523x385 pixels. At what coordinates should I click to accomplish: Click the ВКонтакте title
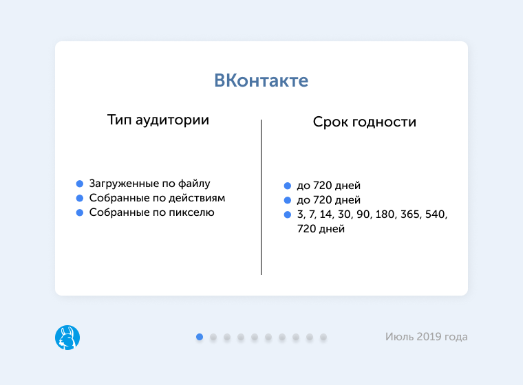point(261,80)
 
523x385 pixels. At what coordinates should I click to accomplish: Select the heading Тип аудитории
point(158,120)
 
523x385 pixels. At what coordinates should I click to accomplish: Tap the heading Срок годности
point(364,122)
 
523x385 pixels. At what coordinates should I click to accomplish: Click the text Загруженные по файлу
point(149,184)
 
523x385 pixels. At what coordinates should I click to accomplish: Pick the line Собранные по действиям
point(157,198)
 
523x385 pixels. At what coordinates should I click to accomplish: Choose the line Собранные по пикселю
point(151,212)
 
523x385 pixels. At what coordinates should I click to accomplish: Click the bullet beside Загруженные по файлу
point(80,184)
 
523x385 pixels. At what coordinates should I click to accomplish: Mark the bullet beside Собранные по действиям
point(80,198)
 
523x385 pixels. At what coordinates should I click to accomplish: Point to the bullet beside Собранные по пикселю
point(80,212)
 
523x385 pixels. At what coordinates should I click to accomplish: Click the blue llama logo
point(67,337)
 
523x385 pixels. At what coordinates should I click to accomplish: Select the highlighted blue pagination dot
point(200,337)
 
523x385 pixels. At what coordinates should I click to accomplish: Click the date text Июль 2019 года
point(426,337)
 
